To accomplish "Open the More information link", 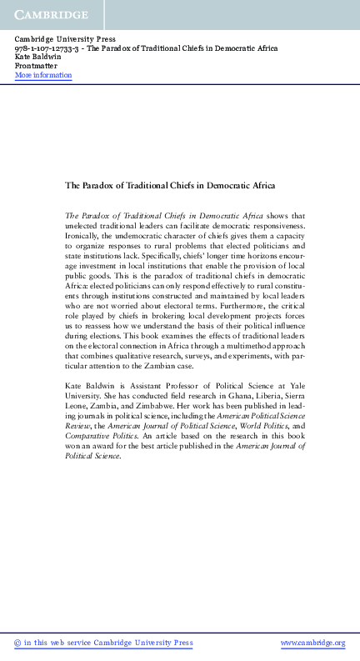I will tap(43, 76).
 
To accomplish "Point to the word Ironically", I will tap(85, 236).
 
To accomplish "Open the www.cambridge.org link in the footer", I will tap(312, 643).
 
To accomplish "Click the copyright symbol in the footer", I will tap(18, 643).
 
